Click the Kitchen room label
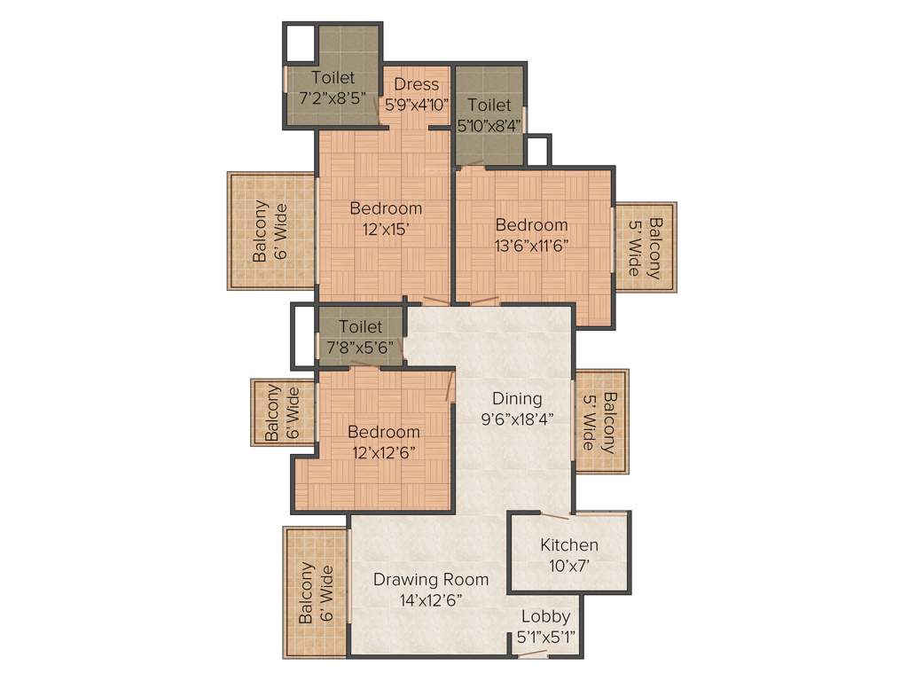(569, 544)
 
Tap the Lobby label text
(545, 616)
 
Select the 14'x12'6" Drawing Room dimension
(430, 600)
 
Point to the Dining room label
(517, 399)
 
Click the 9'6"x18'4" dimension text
(517, 419)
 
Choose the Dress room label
(417, 84)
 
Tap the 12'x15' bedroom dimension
(386, 229)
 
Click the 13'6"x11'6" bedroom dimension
(531, 246)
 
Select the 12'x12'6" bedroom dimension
(383, 452)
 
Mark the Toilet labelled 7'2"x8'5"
(333, 87)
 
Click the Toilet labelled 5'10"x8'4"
(489, 115)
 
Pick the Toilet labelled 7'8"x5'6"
(360, 337)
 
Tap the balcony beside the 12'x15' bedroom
(270, 231)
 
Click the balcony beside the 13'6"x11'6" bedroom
(646, 247)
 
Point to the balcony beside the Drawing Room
(316, 593)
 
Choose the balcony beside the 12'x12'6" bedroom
(282, 413)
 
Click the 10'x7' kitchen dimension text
(569, 566)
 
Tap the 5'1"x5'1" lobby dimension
(545, 637)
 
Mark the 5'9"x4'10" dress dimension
(417, 105)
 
